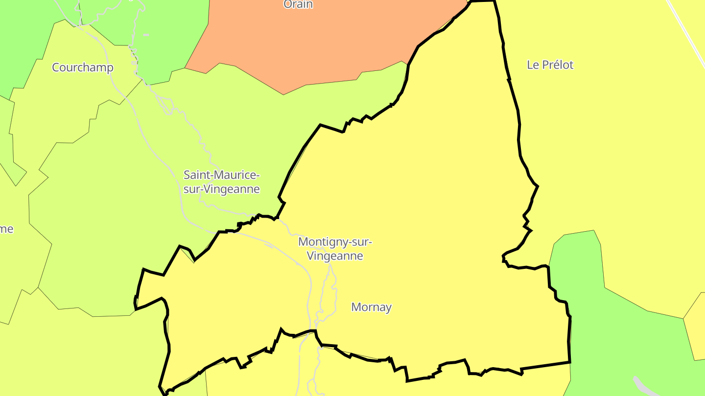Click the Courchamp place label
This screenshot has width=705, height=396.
pyautogui.click(x=82, y=67)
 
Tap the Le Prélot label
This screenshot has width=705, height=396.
pyautogui.click(x=550, y=65)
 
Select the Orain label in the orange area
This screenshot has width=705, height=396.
pyautogui.click(x=298, y=4)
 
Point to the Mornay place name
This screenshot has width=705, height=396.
pyautogui.click(x=372, y=307)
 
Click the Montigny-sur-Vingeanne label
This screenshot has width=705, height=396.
pyautogui.click(x=335, y=248)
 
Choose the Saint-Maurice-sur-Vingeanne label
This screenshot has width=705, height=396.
pyautogui.click(x=221, y=182)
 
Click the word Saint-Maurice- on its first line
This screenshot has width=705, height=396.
pyautogui.click(x=221, y=175)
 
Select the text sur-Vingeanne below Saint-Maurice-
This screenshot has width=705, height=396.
pyautogui.click(x=221, y=189)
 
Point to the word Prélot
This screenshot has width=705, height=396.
pyautogui.click(x=557, y=65)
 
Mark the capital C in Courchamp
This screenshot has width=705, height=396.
pyautogui.click(x=56, y=67)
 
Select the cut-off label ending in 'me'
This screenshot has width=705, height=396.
pyautogui.click(x=6, y=229)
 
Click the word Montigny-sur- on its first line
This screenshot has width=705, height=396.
pyautogui.click(x=335, y=242)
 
